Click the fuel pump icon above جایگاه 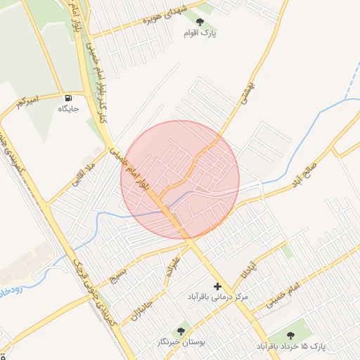68,97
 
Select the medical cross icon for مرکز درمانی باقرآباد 217,286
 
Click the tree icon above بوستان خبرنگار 182,330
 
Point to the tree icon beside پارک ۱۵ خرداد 291,335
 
